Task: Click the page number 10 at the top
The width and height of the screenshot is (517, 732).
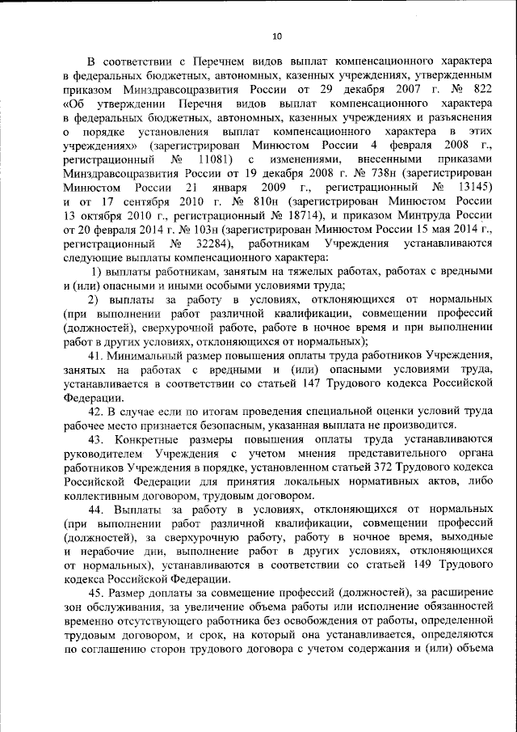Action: coord(276,36)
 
